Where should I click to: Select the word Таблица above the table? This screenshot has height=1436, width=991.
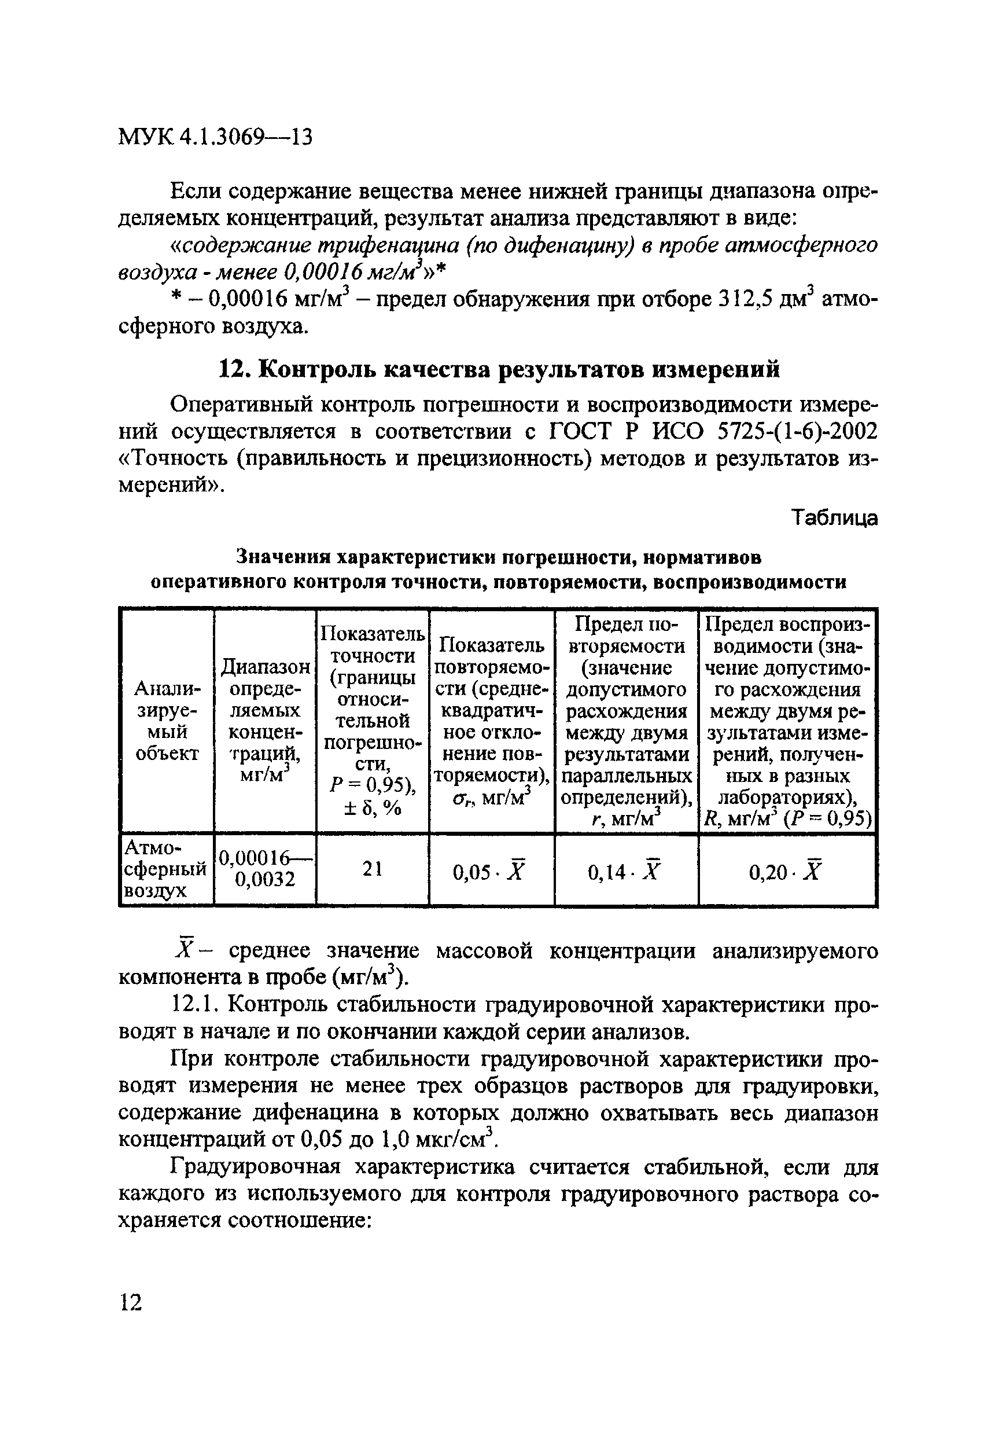(835, 517)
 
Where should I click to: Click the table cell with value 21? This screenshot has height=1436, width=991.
(373, 869)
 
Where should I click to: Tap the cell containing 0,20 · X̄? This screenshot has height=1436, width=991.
(786, 873)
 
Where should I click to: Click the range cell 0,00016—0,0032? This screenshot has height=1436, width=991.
(265, 869)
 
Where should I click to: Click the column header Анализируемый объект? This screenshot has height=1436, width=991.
(167, 721)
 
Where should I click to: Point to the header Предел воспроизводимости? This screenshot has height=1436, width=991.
(787, 721)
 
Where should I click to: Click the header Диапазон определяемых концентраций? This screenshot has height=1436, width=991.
(265, 721)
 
